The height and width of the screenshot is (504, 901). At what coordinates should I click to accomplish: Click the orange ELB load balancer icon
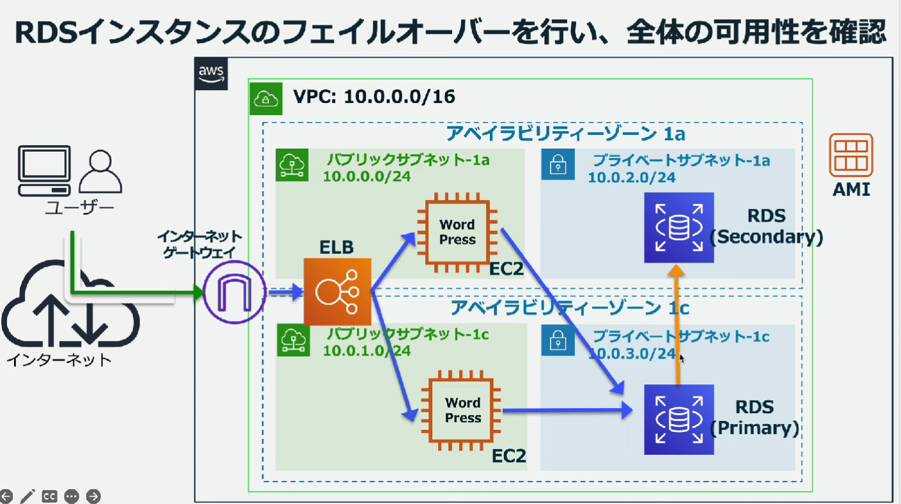337,292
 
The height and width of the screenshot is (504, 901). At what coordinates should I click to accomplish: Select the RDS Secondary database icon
678,228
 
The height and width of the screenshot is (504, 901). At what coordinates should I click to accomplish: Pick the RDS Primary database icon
678,419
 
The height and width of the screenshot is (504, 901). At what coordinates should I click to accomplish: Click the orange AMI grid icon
850,155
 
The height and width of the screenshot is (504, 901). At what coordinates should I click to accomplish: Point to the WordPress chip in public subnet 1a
457,232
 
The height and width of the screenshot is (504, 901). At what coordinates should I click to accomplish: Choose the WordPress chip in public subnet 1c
463,410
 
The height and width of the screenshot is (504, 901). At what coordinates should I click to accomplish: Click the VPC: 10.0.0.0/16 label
374,97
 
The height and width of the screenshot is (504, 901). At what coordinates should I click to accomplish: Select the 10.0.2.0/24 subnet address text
632,177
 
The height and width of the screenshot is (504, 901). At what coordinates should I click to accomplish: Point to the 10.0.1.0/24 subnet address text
366,350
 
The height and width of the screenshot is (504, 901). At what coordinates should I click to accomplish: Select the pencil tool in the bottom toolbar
27,496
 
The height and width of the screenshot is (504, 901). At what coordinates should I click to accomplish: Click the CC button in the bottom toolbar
49,496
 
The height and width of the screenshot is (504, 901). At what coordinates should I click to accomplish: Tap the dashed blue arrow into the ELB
284,293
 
